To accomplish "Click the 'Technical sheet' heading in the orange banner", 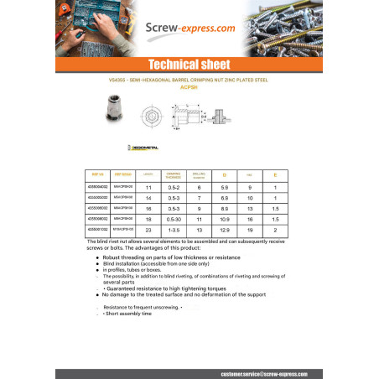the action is tap(189, 65).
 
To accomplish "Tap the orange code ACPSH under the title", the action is tap(189, 91).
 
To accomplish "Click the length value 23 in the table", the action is tap(149, 229).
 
